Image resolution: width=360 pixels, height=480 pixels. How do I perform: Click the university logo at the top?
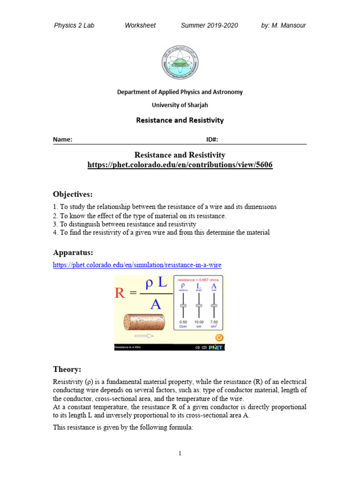coord(180,62)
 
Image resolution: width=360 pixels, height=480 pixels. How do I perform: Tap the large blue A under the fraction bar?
coord(155,304)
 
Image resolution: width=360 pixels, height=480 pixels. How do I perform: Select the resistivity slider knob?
coord(183,306)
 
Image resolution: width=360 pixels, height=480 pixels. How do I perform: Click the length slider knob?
coord(199,306)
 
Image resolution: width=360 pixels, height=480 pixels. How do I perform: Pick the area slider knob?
coord(214,306)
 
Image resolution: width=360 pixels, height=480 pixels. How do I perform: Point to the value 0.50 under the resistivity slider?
coord(183,322)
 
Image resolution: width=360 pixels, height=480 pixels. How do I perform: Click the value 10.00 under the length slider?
coord(199,322)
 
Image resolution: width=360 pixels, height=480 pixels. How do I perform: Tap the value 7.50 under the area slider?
coord(214,322)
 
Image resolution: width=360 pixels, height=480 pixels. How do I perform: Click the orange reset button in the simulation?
coord(218,337)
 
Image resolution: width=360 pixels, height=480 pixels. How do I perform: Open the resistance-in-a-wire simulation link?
coord(137,265)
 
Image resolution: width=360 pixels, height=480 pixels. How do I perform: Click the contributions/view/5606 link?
coord(180,165)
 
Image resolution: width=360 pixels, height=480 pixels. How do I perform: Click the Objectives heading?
coord(73,194)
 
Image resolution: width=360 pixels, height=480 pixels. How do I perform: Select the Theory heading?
coord(67,369)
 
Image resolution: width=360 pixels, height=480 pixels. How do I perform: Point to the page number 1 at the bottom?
coord(180,453)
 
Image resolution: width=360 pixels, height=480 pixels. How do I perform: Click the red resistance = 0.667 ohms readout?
coord(199,279)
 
